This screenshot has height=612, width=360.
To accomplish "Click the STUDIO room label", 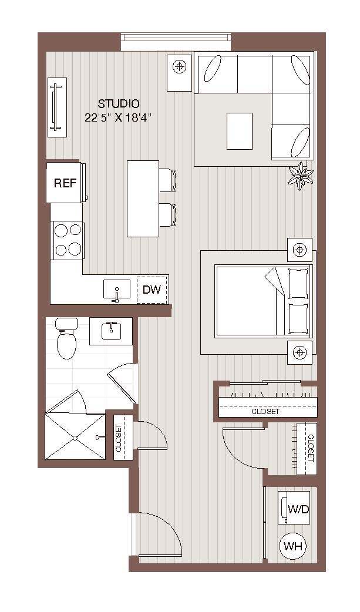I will [119, 104].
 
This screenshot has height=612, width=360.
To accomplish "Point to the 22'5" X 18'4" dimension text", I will [118, 117].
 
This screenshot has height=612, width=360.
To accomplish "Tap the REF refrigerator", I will [65, 183].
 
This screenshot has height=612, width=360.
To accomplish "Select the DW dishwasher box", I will [152, 290].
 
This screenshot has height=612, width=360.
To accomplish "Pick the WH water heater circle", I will [294, 546].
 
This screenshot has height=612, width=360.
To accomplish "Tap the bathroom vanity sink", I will [110, 331].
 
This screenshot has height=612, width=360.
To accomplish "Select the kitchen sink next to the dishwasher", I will [117, 290].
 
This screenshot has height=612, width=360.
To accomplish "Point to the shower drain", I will [75, 438].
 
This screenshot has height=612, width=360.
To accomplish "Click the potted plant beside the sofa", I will [301, 175].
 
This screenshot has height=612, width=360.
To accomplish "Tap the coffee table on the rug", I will [240, 131].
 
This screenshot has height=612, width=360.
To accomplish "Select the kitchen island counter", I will [143, 199].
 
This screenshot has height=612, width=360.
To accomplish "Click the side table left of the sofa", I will [180, 73].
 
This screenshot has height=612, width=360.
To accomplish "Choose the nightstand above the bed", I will [300, 250].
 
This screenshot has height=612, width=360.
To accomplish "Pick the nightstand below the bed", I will [300, 352].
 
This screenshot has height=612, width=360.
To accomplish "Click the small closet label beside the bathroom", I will [120, 438].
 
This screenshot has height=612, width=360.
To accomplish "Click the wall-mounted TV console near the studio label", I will [56, 107].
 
